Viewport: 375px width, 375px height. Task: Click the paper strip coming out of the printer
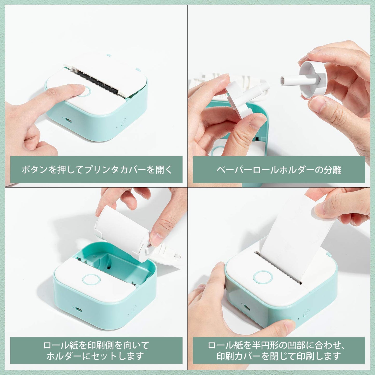click(x=291, y=234)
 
